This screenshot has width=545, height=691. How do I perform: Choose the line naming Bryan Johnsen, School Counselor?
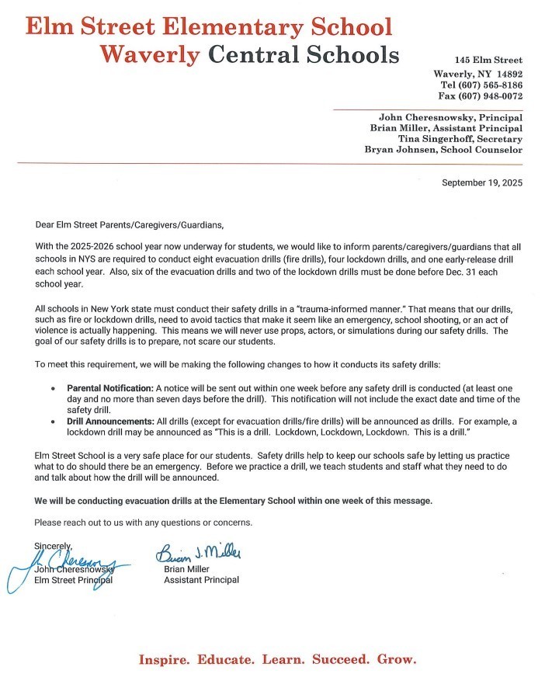click(x=443, y=150)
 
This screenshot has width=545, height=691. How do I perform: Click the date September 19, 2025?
click(x=481, y=183)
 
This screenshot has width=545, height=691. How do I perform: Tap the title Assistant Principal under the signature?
click(x=201, y=579)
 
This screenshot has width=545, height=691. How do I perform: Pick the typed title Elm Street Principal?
click(x=74, y=580)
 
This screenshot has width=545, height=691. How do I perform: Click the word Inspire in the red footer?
click(x=164, y=660)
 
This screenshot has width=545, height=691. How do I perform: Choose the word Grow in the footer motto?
click(x=396, y=660)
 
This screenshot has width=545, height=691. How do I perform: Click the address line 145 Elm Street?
click(x=488, y=61)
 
